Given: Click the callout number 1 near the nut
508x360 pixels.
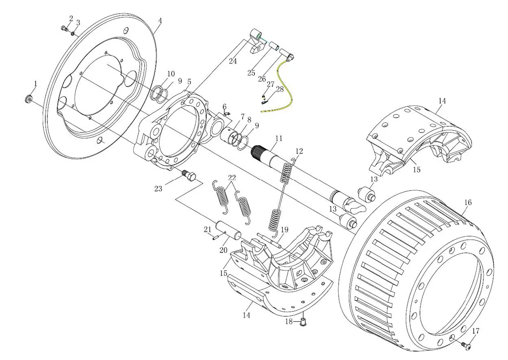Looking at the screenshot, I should coord(36,84).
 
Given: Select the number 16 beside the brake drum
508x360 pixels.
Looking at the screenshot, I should coord(467,202).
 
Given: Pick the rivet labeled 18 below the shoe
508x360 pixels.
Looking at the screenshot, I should coord(303,323).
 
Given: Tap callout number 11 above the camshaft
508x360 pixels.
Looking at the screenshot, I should coord(278,138).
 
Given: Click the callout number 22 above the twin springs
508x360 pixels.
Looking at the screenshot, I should coord(231,177).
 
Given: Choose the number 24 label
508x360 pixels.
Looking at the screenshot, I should coord(233,61).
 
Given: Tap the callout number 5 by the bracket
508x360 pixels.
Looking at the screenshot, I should coord(189,81).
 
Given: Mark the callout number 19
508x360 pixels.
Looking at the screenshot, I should coord(284,230).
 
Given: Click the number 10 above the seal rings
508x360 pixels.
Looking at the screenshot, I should coord(170,74).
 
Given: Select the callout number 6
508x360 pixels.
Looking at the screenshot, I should coord(224,106).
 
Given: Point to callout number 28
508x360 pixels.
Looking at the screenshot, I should coord(280,89).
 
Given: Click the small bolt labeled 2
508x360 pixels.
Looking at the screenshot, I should coord(64,28).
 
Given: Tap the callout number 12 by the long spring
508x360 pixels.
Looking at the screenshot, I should coord(299,151).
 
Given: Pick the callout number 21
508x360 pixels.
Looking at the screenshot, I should coord(207,229).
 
